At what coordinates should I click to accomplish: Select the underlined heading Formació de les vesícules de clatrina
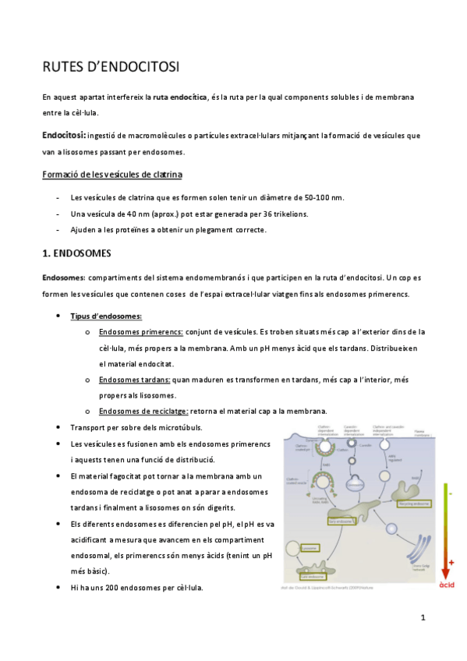[112, 173]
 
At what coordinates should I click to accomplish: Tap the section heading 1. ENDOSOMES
[76, 253]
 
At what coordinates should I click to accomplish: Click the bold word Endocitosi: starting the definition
[65, 135]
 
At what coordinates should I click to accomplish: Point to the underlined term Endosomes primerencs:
[141, 332]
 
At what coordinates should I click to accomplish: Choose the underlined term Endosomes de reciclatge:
[143, 411]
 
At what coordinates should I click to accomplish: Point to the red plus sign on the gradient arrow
[451, 562]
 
